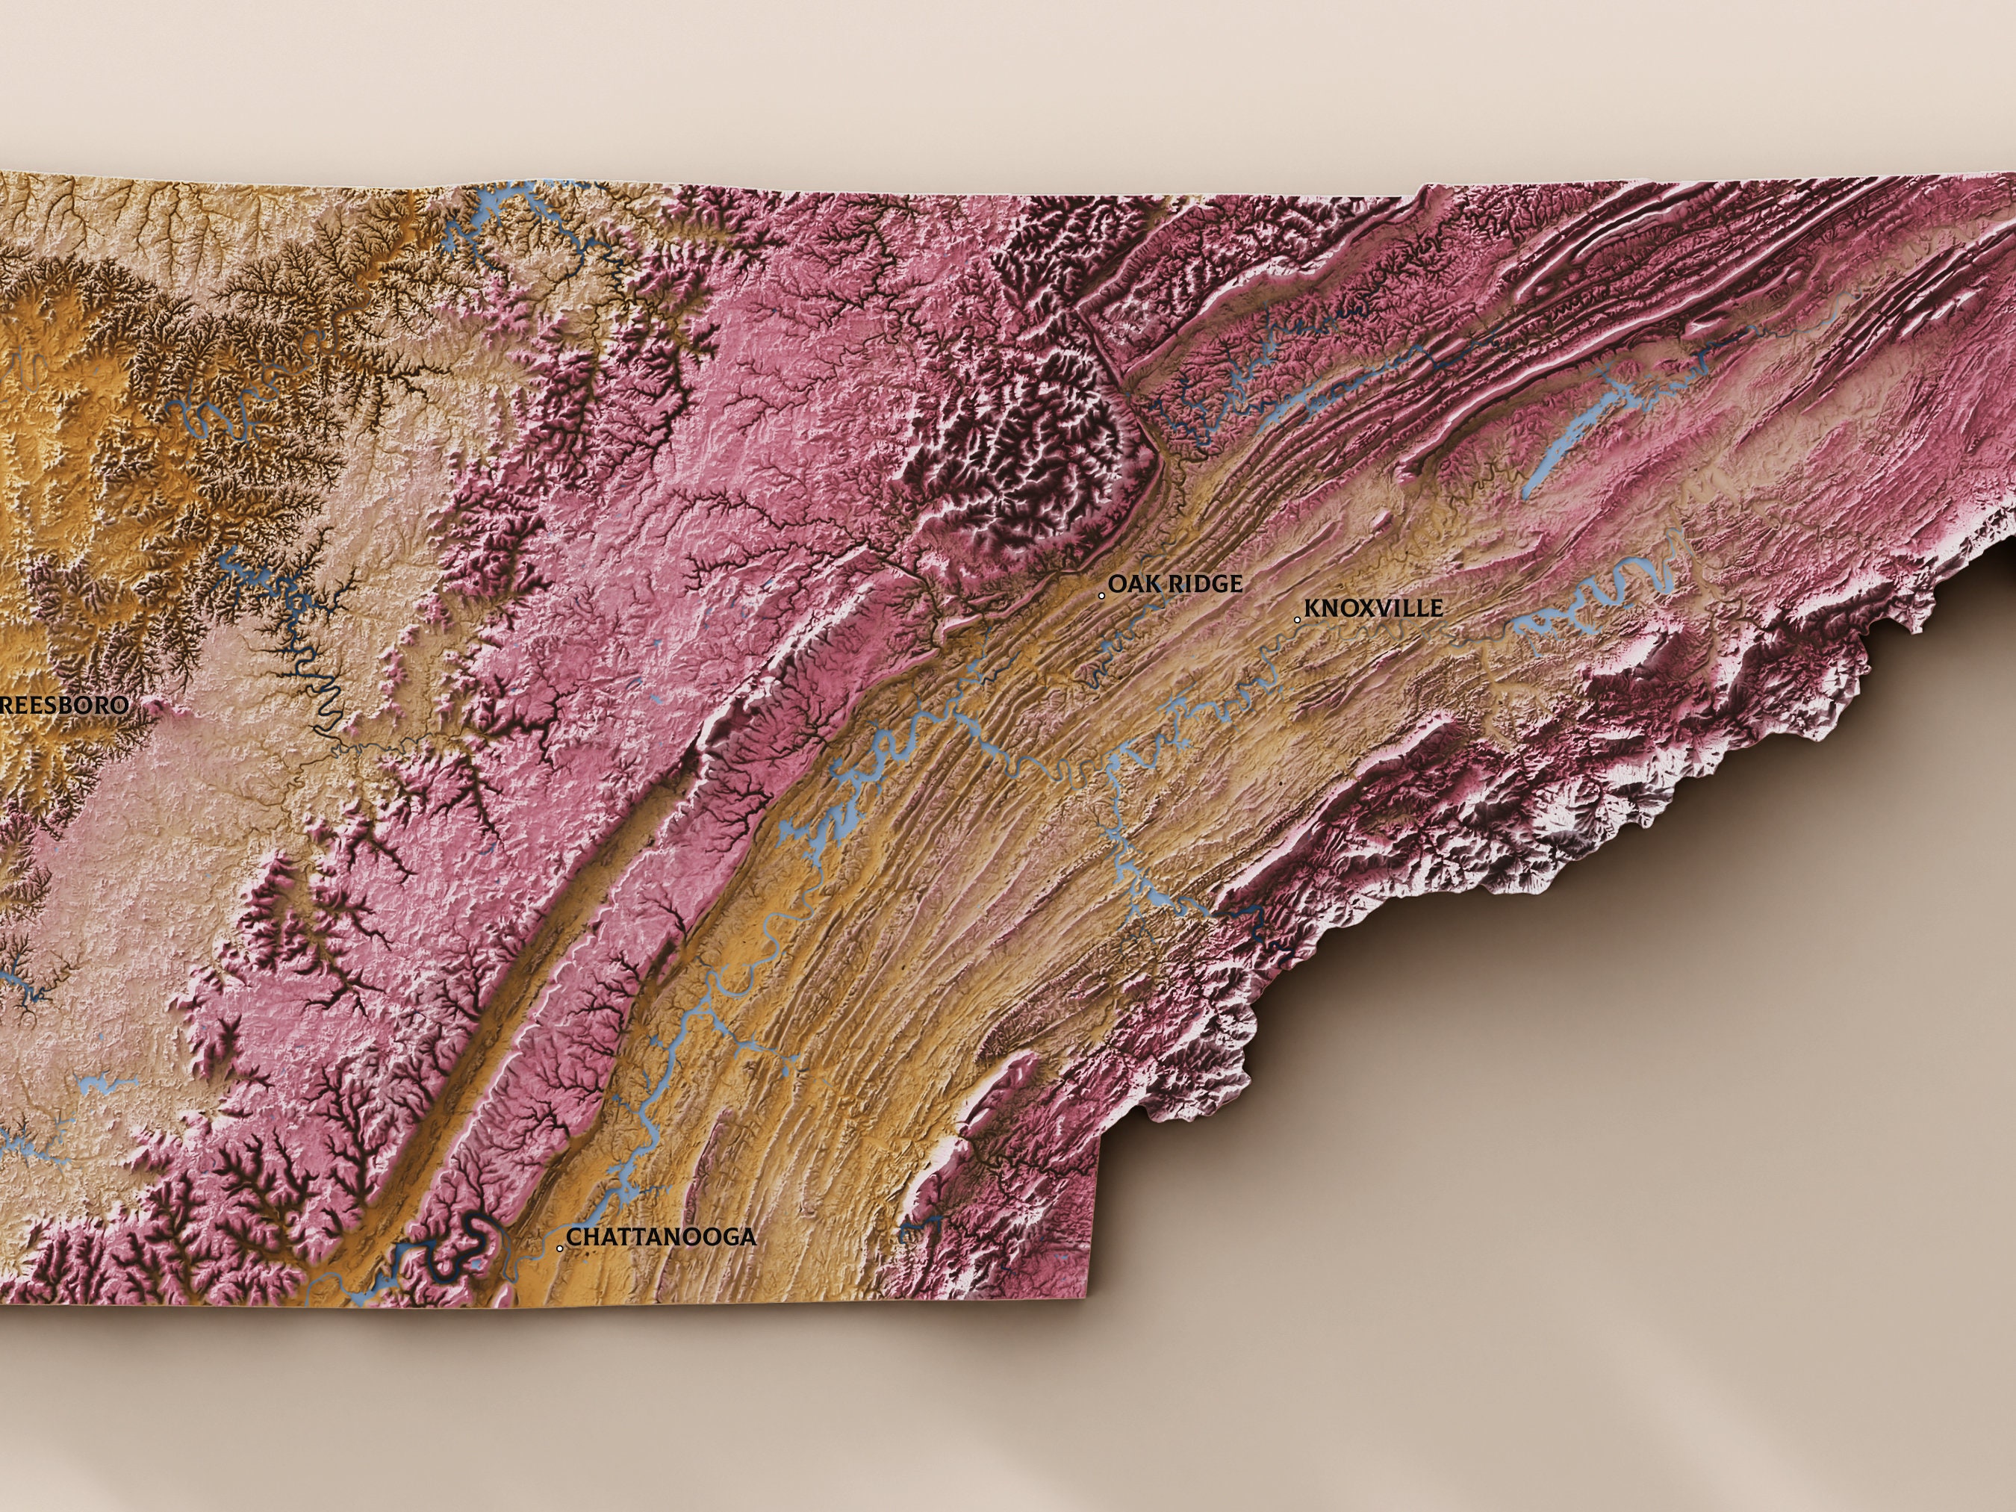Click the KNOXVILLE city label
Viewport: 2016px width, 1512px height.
pos(1373,608)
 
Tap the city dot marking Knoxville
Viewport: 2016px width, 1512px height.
pos(1298,620)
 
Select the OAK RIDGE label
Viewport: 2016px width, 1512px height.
pos(1175,583)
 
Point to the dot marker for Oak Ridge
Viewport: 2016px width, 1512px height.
pos(1102,595)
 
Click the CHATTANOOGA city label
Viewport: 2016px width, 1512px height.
pos(661,1236)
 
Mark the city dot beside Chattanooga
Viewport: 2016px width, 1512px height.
pos(559,1248)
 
